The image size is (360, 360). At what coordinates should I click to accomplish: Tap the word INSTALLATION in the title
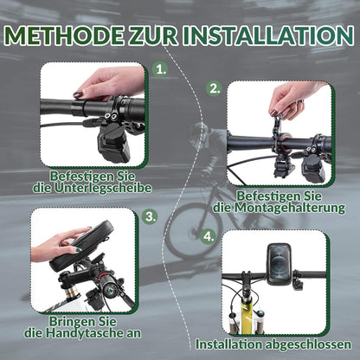tap(265, 35)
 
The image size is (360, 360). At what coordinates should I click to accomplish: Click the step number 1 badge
tap(161, 68)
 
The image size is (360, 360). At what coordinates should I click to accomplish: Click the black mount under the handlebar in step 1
tap(112, 143)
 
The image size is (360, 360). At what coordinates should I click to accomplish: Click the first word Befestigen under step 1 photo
tap(76, 174)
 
